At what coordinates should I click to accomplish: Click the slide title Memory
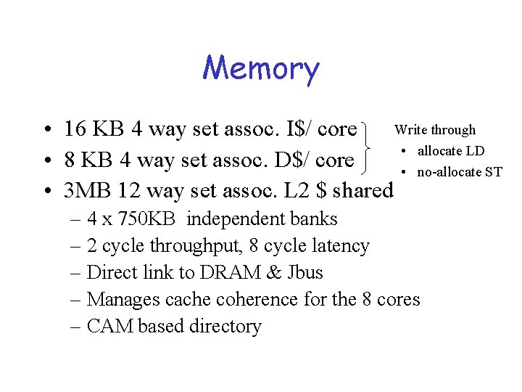tap(260, 69)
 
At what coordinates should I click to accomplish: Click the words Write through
tap(434, 130)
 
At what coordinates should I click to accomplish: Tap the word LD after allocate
tap(475, 152)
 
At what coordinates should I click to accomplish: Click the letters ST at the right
tap(494, 172)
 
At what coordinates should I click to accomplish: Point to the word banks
tap(313, 219)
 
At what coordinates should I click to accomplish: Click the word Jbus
tap(304, 273)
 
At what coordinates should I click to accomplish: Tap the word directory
tap(225, 327)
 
